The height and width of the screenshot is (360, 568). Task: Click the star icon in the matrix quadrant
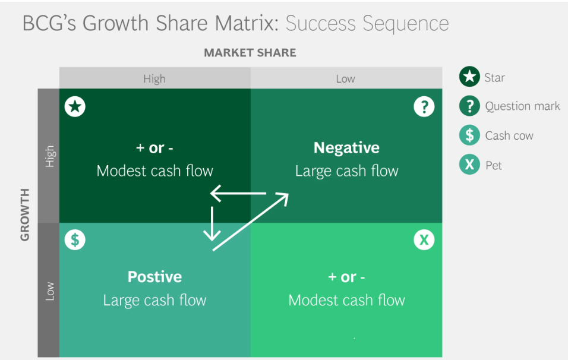pos(75,106)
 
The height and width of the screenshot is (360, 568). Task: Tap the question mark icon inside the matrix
pos(424,106)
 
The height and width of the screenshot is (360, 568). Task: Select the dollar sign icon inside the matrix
pos(75,240)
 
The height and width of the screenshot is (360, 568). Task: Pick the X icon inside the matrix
pos(424,240)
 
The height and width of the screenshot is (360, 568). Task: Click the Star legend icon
pos(469,77)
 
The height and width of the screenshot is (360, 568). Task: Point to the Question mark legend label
pos(522,106)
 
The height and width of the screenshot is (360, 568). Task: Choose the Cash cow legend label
pos(509,135)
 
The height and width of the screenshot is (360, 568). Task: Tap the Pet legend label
pos(493,166)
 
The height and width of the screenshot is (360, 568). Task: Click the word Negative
pos(346,148)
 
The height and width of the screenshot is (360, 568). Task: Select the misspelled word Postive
pos(154,277)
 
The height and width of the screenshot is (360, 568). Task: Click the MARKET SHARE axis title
pos(250,53)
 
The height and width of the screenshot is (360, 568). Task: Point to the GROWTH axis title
pos(24,214)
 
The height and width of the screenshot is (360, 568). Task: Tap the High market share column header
pos(154,78)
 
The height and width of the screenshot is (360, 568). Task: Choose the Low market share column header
pos(345,78)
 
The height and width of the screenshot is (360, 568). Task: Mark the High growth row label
pos(50,156)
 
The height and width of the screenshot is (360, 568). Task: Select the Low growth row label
pos(50,291)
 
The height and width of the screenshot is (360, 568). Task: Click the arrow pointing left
pos(238,194)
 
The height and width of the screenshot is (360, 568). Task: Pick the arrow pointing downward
pos(212,223)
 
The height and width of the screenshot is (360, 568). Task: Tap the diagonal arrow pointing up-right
pos(251,222)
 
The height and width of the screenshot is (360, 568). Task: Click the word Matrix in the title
pos(247,23)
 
